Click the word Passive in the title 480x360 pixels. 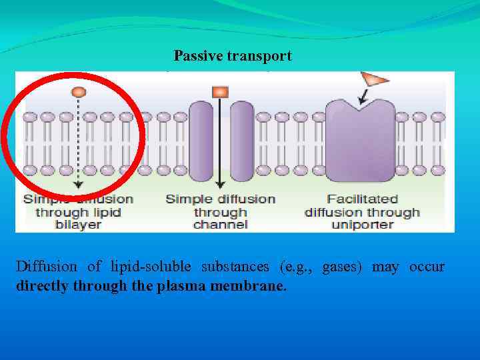197,56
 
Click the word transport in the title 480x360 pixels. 259,56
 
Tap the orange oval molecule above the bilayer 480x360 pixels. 79,91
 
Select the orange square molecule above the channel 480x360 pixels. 220,92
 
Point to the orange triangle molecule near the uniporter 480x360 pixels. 375,80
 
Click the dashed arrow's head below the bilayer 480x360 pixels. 79,185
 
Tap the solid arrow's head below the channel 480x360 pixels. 220,185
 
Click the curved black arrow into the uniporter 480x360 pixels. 364,98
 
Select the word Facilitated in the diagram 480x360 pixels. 362,199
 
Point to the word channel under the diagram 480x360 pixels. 220,225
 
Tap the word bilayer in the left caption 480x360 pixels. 77,225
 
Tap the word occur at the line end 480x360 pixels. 427,267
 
